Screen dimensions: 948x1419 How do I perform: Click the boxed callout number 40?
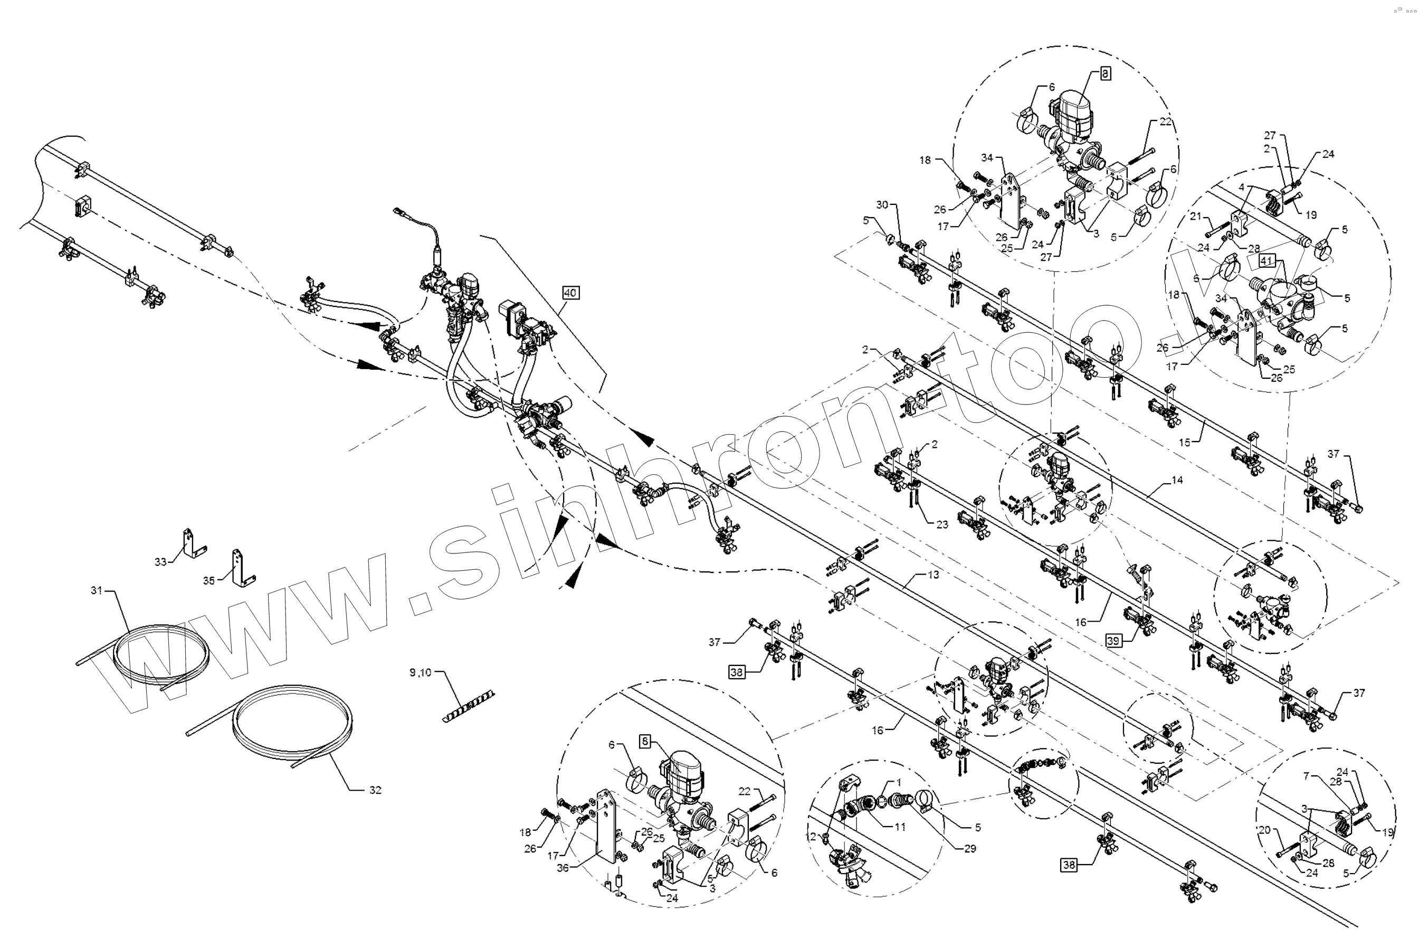coord(570,293)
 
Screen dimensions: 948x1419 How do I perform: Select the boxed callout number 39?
coord(1114,641)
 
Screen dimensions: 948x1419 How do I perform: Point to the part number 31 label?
coord(97,590)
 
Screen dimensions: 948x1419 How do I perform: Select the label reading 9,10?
coord(421,672)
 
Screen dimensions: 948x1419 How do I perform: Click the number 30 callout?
coord(882,205)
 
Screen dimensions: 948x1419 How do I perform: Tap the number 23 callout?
coord(942,524)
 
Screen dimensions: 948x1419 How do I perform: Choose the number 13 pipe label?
coord(934,575)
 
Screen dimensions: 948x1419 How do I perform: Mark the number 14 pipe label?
coord(1177,480)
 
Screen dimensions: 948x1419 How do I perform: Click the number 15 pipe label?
coord(1185,443)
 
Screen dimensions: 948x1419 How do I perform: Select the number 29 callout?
coord(970,849)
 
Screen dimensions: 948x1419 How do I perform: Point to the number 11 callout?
coord(900,827)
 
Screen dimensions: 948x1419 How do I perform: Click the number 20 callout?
coord(1265,831)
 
